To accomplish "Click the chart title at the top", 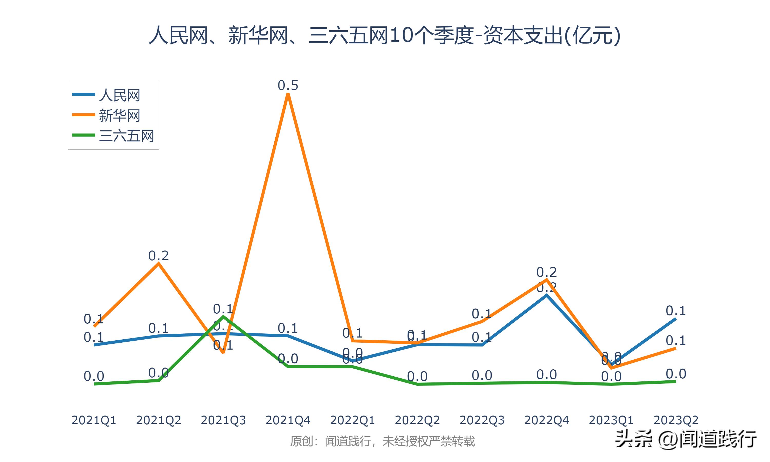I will (385, 35).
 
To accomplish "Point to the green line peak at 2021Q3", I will (223, 317).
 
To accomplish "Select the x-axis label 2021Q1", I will (94, 420).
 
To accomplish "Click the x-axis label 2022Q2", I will (417, 420).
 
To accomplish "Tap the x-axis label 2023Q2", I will (676, 420).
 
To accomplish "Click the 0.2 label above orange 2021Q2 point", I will (158, 256).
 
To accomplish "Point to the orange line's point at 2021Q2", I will (159, 263).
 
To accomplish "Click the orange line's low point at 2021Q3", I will (223, 352).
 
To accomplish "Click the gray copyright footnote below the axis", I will (382, 441).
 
